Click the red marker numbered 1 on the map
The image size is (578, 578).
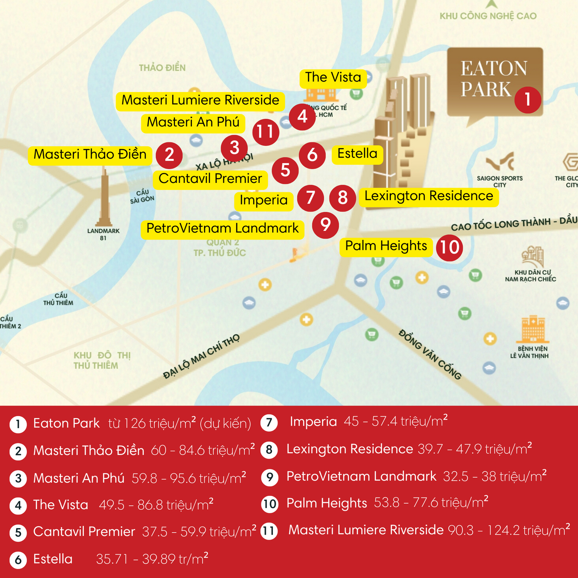pos(528,99)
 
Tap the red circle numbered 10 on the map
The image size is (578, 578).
pos(449,247)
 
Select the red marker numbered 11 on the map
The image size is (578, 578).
pos(265,132)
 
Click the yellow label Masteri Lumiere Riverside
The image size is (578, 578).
pos(200,101)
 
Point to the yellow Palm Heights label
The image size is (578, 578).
pos(386,246)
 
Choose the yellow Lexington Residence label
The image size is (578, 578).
pos(429,197)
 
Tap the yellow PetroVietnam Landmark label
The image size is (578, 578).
pos(223,229)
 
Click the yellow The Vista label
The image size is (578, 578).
pos(333,78)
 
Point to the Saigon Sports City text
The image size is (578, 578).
pos(500,181)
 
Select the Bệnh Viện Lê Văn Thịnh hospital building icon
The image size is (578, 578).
pos(533,329)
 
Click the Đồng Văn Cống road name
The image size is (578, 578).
pos(429,354)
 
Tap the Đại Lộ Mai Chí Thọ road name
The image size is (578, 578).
pos(201,356)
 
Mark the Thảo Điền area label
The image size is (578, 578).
pos(162,68)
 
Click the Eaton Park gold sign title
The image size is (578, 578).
pos(494,79)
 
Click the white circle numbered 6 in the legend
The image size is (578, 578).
pos(18,560)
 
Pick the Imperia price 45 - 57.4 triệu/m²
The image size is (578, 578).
pos(396,421)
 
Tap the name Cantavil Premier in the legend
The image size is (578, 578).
pos(84,532)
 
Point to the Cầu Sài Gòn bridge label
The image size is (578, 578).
pos(142,196)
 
